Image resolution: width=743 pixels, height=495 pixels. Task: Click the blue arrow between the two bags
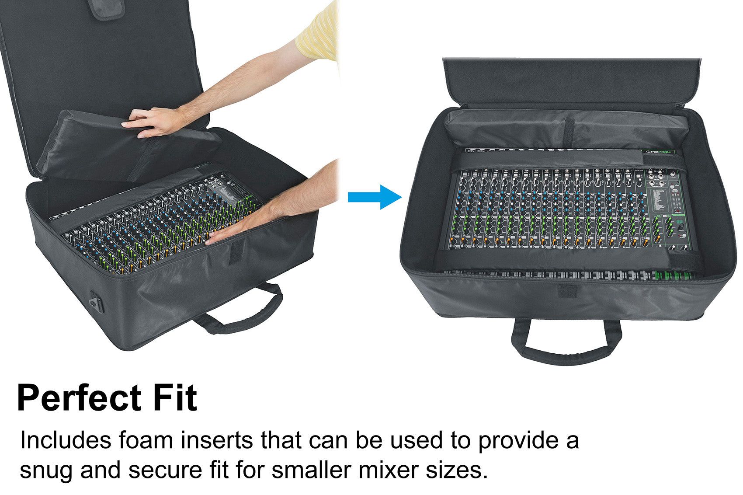(x=375, y=197)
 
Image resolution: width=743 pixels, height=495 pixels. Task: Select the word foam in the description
(x=146, y=440)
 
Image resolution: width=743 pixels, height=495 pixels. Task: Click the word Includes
(x=66, y=440)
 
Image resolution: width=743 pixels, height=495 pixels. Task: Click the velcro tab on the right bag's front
(x=568, y=291)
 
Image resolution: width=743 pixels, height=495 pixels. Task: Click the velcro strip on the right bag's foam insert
(x=570, y=131)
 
